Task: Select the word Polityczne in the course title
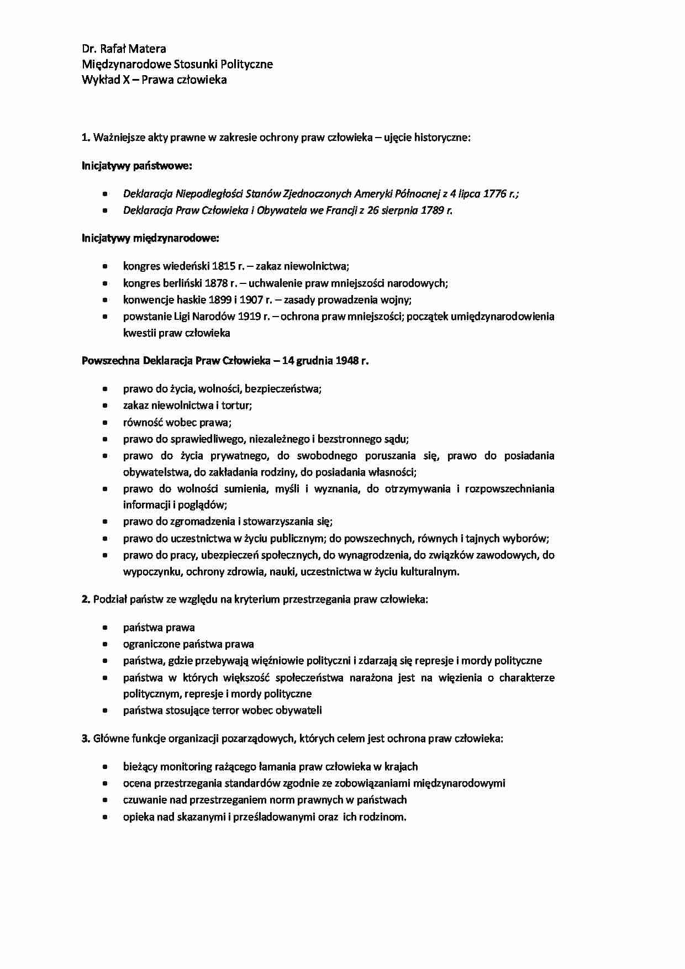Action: click(x=246, y=64)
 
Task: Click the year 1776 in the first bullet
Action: click(x=494, y=193)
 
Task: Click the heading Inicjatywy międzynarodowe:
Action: click(x=150, y=238)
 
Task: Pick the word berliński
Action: click(x=181, y=283)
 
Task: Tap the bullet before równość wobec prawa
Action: click(x=105, y=423)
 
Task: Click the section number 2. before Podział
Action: click(x=86, y=599)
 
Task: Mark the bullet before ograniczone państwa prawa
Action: click(x=105, y=644)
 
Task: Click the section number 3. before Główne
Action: click(x=86, y=738)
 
